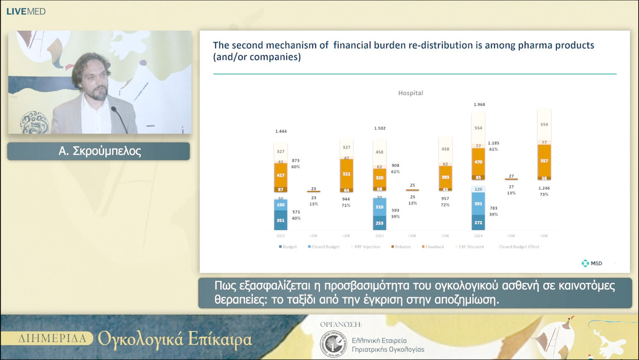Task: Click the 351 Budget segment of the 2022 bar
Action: tap(281, 220)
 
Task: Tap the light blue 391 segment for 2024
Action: tap(478, 203)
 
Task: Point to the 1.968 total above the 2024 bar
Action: tap(479, 105)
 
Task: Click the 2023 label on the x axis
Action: tap(380, 235)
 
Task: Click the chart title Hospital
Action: tap(411, 93)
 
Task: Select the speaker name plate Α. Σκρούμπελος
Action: tap(98, 151)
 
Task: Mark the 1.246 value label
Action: tap(543, 188)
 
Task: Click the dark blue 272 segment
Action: tap(478, 222)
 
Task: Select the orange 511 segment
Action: tap(347, 174)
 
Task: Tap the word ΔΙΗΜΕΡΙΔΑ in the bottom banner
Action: tap(56, 339)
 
